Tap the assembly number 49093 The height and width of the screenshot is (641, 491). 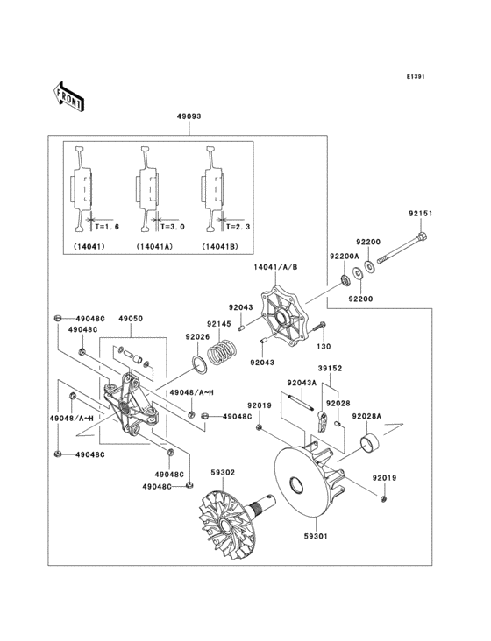[x=189, y=116]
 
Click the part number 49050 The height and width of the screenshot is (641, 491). [x=131, y=320]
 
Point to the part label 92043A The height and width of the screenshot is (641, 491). [x=295, y=382]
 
